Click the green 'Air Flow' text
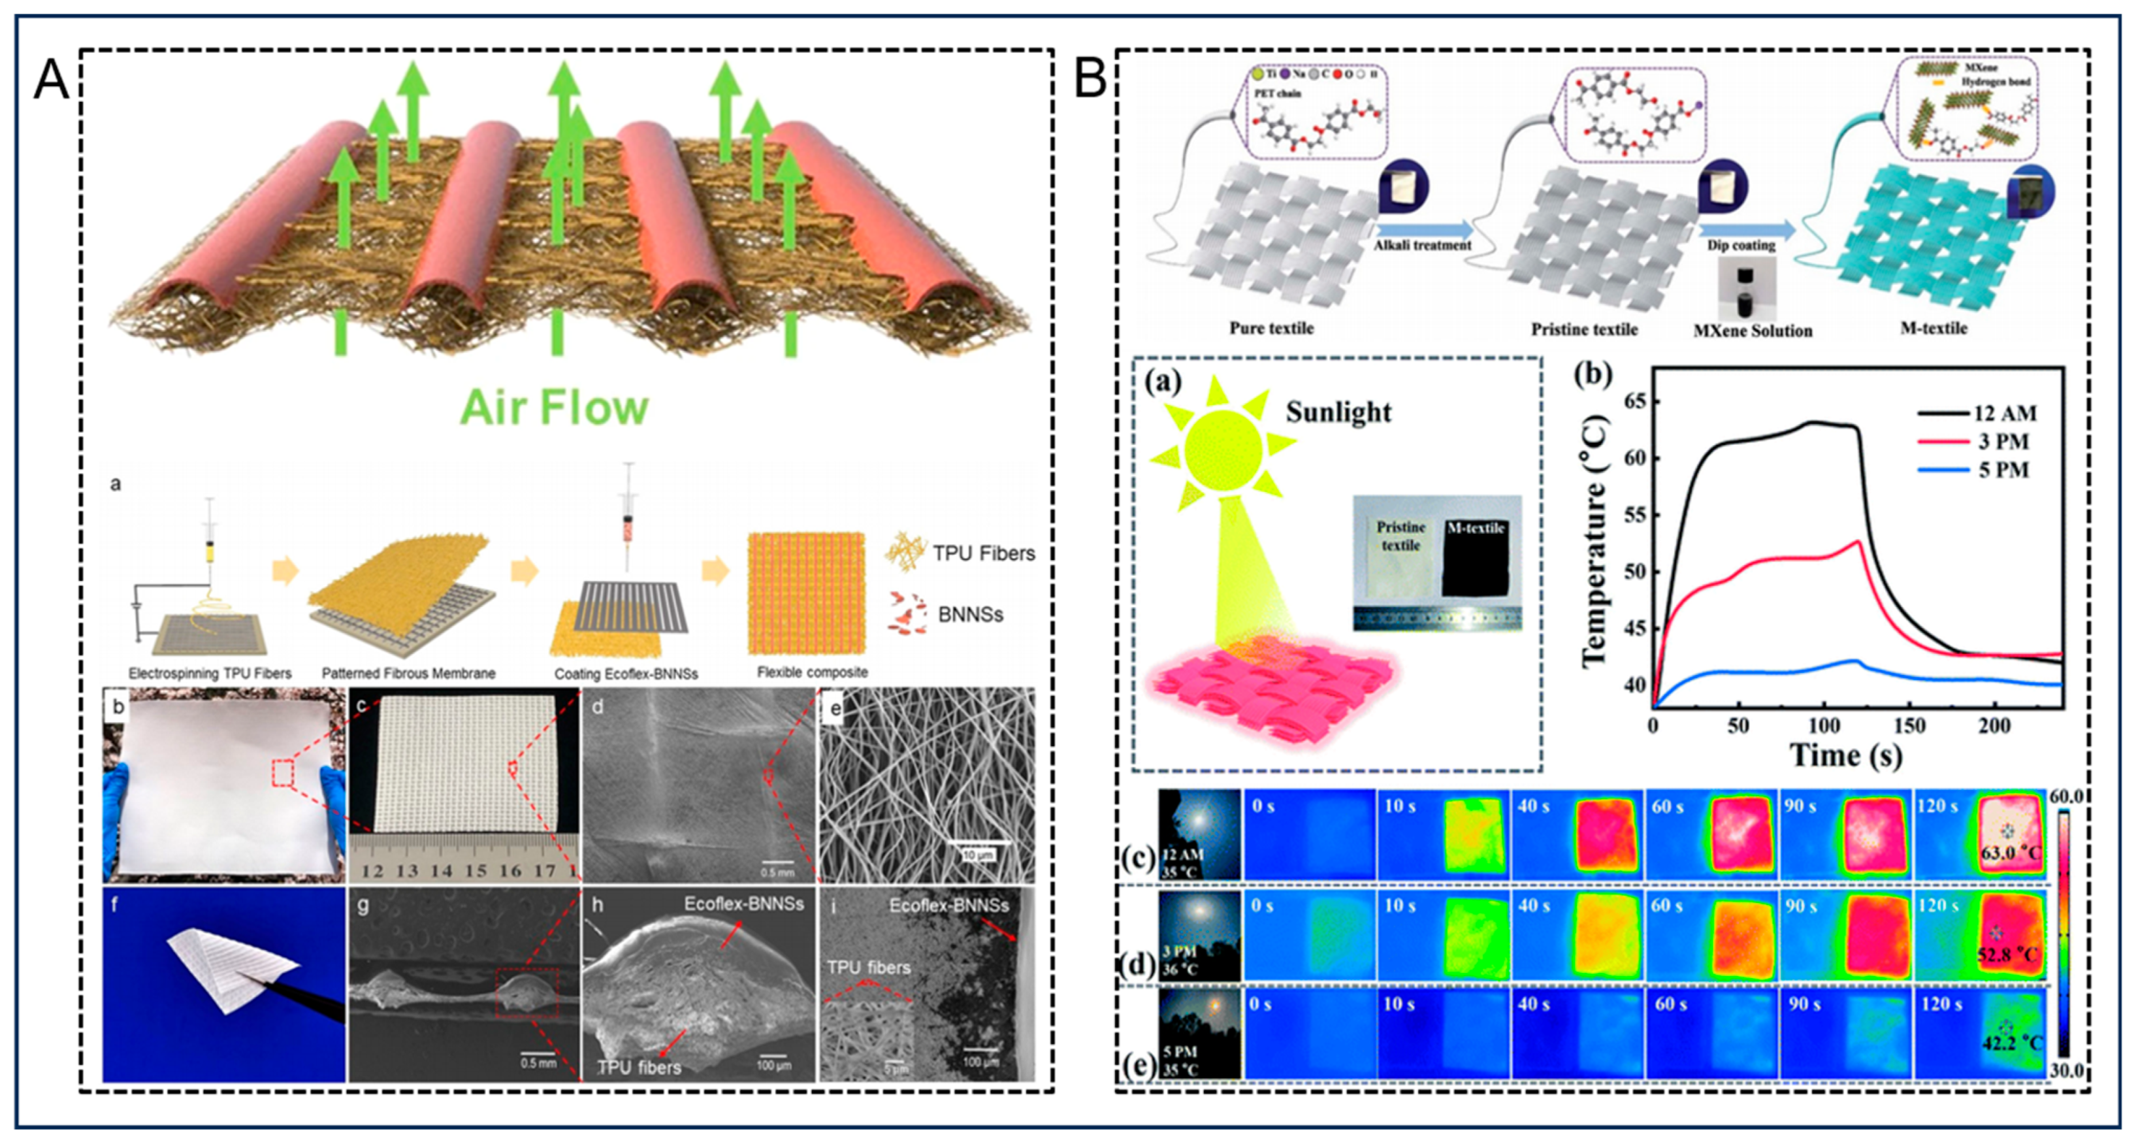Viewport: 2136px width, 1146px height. coord(554,408)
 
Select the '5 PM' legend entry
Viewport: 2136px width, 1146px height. coord(2003,470)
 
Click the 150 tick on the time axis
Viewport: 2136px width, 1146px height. coord(1909,726)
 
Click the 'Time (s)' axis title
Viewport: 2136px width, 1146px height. coord(1846,755)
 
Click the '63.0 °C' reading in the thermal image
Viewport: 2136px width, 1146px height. coord(2011,853)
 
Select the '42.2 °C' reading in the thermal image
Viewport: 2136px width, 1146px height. coord(2011,1042)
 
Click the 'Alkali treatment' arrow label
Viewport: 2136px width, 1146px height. coord(1422,246)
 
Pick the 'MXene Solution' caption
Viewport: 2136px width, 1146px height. coord(1752,331)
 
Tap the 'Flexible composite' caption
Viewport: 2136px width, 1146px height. coord(812,672)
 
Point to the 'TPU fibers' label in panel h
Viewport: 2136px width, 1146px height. coord(638,1066)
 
